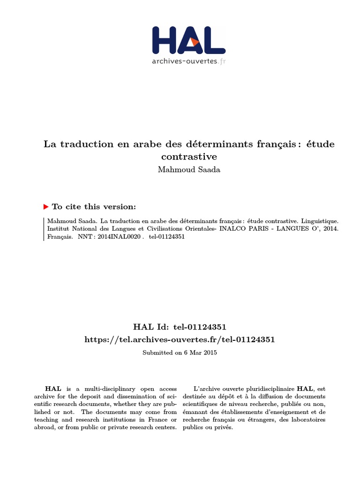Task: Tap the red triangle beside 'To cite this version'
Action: click(x=46, y=206)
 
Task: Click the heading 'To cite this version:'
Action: click(x=94, y=206)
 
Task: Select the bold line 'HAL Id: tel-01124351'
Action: click(x=180, y=327)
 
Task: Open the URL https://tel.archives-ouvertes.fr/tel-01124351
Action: click(x=180, y=339)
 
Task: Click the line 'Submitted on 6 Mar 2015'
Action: click(x=180, y=352)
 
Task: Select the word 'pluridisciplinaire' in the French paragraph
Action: click(x=269, y=389)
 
